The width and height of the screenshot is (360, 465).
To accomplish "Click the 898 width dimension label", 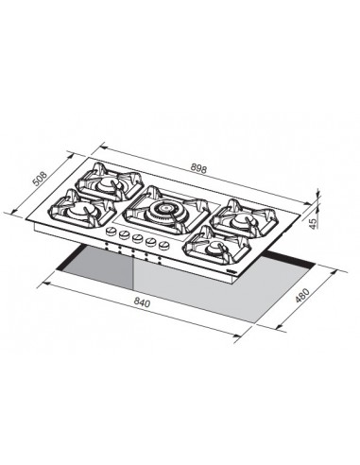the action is pos(198,169).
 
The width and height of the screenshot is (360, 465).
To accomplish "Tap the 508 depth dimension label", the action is pos(41,179).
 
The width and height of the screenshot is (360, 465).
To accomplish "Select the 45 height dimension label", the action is pos(313,223).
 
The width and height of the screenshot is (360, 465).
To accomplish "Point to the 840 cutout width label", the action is pos(142,302).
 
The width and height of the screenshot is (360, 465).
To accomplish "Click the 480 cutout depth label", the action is pos(302,295).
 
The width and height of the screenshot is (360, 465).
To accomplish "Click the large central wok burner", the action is pos(164,209).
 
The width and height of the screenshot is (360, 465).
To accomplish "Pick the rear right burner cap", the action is pos(242,219).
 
